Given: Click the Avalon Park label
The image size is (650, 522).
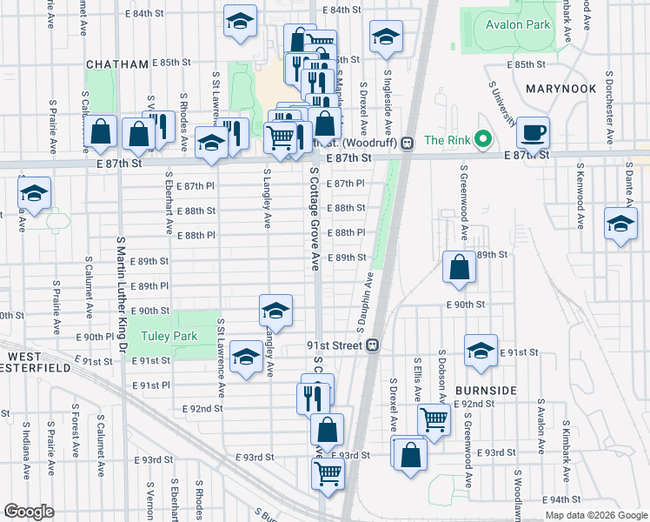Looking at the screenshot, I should [x=518, y=24].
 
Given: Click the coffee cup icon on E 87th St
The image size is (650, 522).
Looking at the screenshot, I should [x=533, y=133].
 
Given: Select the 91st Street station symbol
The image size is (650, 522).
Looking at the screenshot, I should [x=372, y=345].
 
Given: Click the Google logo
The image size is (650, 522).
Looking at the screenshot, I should [x=29, y=511].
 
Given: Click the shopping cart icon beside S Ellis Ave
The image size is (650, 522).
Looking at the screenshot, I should [x=434, y=418].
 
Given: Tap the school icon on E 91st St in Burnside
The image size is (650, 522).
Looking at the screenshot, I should [x=481, y=351].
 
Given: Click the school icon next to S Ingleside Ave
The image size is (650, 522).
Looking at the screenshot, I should [x=386, y=37].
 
